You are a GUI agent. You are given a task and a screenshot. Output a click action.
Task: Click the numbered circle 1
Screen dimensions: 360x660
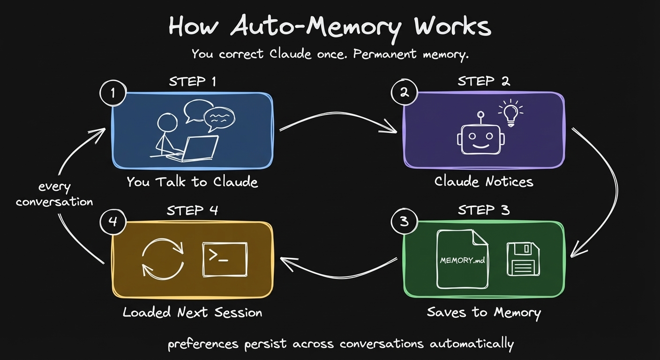coord(113,93)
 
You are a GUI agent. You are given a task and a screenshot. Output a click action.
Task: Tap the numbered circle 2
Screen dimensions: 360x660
coord(404,93)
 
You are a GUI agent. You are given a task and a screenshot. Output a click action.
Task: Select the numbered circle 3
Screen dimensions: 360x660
coord(404,222)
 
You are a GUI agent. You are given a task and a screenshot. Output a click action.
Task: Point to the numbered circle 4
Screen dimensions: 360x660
coord(113,222)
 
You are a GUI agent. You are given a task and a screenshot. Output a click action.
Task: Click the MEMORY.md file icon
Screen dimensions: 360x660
coord(462,259)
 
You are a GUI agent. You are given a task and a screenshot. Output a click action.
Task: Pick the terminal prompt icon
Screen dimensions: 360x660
coord(225,259)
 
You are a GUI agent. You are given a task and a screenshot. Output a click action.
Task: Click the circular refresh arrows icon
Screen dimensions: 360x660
coord(163,259)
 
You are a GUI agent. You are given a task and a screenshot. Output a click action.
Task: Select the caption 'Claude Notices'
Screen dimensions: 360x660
coord(484,181)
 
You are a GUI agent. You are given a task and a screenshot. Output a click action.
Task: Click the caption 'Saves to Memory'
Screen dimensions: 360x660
coord(484,313)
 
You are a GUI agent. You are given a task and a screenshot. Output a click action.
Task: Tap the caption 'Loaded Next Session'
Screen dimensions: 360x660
coord(192,313)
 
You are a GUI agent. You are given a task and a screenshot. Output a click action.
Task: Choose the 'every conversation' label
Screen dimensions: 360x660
coord(54,195)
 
